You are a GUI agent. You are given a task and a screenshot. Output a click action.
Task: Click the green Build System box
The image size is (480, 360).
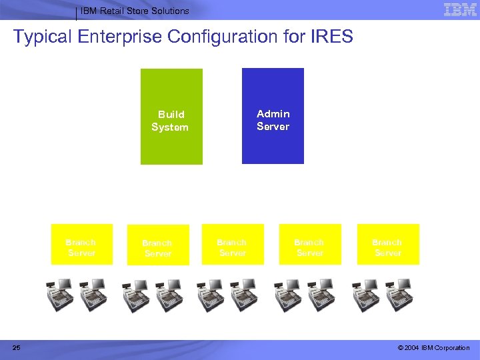(171, 117)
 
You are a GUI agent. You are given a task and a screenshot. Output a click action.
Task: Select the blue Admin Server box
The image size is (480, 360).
(273, 116)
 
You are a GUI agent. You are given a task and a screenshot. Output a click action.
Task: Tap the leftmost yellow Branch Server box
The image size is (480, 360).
(82, 244)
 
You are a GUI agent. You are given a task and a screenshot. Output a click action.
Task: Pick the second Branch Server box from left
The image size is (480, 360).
(158, 245)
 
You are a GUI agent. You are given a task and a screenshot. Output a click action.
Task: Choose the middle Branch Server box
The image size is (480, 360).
(233, 244)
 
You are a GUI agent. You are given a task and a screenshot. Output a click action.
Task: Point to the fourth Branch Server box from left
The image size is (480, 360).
(310, 244)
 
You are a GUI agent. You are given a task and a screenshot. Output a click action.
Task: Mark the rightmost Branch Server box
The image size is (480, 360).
(388, 244)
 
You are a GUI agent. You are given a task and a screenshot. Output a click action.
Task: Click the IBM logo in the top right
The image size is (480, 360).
(460, 9)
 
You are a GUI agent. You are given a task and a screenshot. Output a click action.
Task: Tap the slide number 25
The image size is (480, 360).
(16, 348)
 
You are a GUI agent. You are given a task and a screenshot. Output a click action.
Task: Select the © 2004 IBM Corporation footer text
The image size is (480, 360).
(433, 348)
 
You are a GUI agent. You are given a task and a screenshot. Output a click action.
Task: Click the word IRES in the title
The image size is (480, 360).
(331, 36)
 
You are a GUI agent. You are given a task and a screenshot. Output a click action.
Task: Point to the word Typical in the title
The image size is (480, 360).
(43, 36)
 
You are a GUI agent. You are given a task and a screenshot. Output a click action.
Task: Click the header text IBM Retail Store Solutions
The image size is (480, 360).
(135, 11)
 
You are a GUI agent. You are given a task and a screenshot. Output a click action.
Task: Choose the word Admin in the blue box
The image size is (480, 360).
(273, 114)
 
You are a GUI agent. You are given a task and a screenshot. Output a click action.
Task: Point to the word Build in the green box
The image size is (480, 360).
(171, 115)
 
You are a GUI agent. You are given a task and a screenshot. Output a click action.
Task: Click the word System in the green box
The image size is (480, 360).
(170, 127)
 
